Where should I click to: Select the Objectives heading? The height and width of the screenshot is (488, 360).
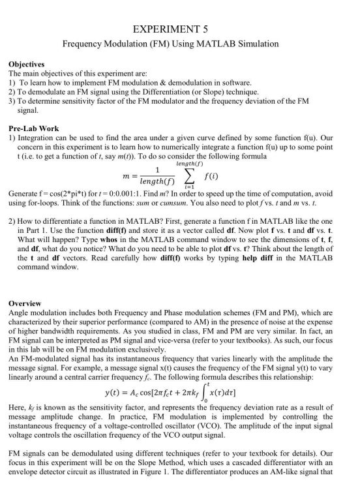[26, 65]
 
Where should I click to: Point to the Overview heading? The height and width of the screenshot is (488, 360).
[25, 304]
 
